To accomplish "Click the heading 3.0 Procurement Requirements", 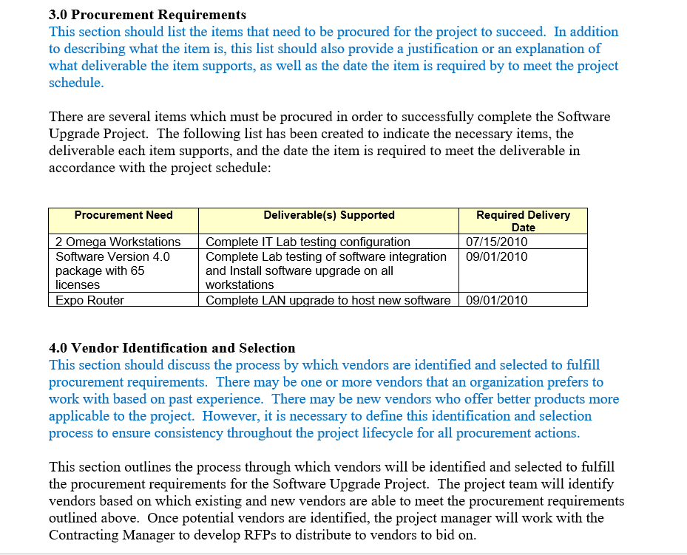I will [x=147, y=15].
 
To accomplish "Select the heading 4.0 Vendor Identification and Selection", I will [x=172, y=348].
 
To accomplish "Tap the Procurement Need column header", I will [x=123, y=215].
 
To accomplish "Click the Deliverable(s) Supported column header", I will [x=329, y=215].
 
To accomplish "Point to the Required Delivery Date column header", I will [x=523, y=221].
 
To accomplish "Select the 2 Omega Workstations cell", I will [x=118, y=242].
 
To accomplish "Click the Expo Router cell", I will [x=90, y=300].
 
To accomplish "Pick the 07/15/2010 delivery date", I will [x=497, y=242].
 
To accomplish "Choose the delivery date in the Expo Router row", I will [x=497, y=300].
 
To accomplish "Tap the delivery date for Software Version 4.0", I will [x=497, y=256].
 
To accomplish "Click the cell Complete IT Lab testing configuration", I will [x=308, y=242].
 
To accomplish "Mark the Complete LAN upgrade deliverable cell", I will [x=328, y=300].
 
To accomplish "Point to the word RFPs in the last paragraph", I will [x=213, y=534].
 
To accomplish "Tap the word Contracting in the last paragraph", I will [x=84, y=534].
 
